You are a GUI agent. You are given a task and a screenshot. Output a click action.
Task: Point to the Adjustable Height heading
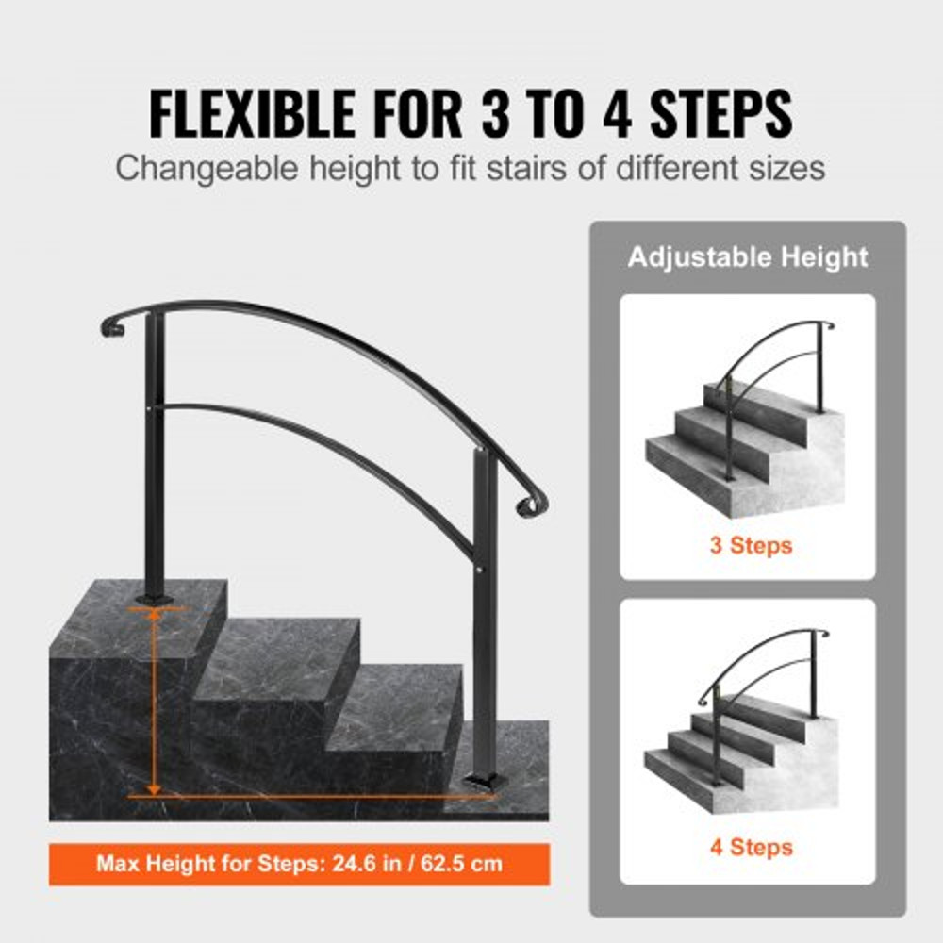click(x=748, y=256)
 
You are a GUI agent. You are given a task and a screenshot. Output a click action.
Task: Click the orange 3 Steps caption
click(x=750, y=545)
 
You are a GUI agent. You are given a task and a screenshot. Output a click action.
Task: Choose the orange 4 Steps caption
click(x=750, y=847)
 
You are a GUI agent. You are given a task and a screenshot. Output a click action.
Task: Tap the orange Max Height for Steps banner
click(x=299, y=864)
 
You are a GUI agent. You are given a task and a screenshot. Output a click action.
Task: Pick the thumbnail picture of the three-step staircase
click(x=748, y=415)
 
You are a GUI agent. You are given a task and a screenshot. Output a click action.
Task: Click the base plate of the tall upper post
click(x=154, y=598)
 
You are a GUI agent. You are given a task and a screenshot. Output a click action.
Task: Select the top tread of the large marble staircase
click(x=156, y=604)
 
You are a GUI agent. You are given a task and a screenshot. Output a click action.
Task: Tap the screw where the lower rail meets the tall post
click(x=154, y=407)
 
